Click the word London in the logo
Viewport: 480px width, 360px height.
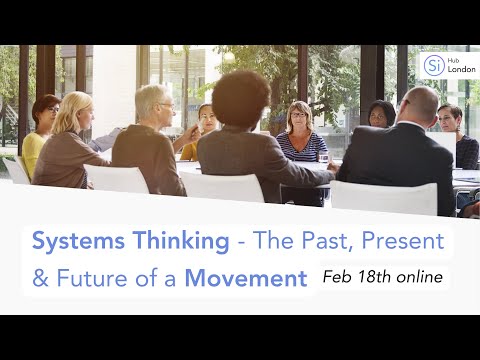click(x=461, y=69)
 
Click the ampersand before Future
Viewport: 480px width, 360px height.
click(x=40, y=278)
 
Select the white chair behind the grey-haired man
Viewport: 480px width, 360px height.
click(x=117, y=179)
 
